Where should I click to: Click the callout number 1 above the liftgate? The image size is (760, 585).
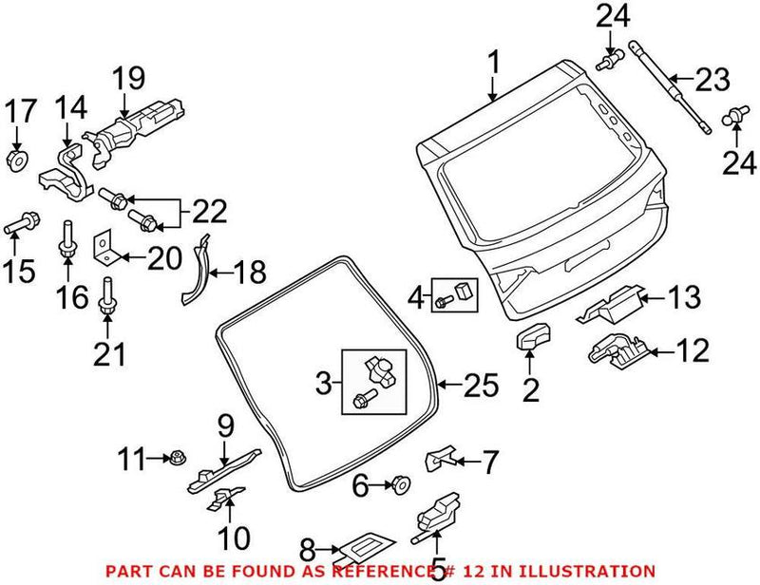coord(493,65)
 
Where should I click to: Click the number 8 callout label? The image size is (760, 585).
coord(306,548)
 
